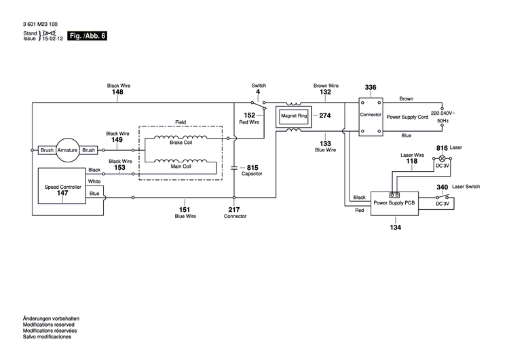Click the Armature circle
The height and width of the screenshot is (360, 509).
pyautogui.click(x=68, y=150)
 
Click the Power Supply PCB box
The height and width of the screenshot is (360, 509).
pyautogui.click(x=394, y=202)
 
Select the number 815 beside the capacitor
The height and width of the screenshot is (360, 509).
pyautogui.click(x=252, y=167)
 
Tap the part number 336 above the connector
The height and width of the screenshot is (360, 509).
pyautogui.click(x=371, y=88)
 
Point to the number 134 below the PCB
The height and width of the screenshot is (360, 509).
pyautogui.click(x=395, y=227)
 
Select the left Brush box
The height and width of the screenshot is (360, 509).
pyautogui.click(x=47, y=150)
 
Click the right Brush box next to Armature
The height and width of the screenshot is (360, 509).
pyautogui.click(x=89, y=150)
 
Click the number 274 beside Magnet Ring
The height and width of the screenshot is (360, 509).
pyautogui.click(x=324, y=115)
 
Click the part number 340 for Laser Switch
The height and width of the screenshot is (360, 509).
pyautogui.click(x=442, y=187)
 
